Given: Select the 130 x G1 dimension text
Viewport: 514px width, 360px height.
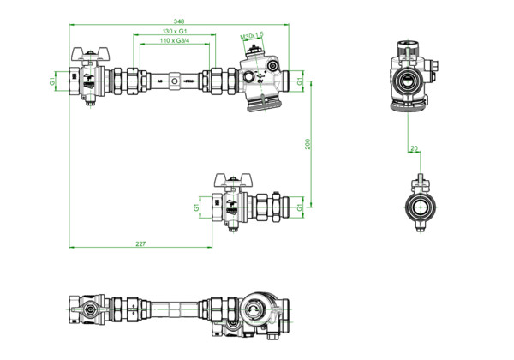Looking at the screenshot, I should (175, 32).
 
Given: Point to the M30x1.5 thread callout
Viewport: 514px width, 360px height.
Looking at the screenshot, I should (252, 37).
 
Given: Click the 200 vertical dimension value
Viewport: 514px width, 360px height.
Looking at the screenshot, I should (308, 143).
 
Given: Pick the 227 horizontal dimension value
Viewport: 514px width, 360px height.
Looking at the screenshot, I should (140, 244).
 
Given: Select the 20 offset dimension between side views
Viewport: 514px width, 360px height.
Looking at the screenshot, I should (415, 149).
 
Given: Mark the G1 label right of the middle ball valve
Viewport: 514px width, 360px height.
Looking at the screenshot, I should (298, 206).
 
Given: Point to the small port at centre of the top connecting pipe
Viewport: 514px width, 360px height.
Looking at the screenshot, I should (175, 82).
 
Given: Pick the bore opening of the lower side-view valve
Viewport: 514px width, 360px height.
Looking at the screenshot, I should (419, 207).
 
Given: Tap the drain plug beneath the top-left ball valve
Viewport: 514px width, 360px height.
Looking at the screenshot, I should (89, 106).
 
